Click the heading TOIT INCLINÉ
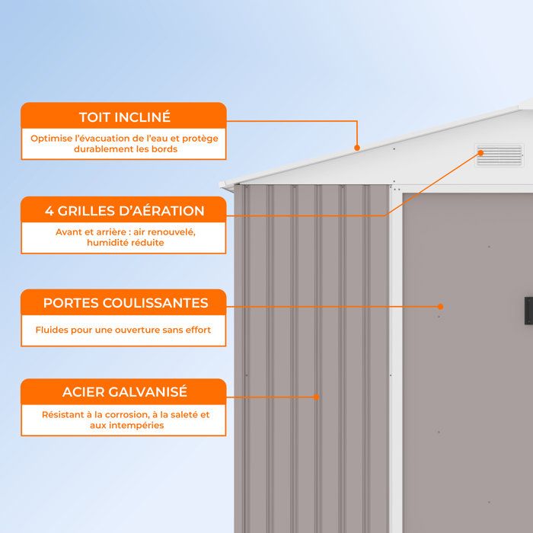125,117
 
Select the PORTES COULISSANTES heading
126,302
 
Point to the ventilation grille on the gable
499,155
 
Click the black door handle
528,311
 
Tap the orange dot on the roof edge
357,148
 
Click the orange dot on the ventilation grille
480,153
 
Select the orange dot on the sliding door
441,307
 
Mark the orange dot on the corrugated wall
317,397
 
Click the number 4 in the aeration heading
49,211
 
